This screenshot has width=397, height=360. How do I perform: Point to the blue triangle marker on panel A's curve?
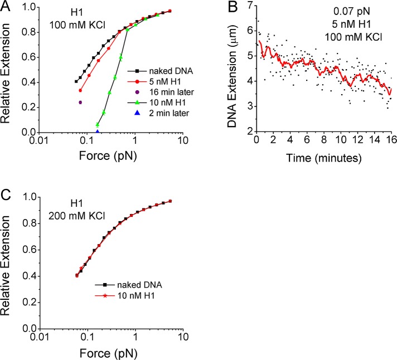click(98, 132)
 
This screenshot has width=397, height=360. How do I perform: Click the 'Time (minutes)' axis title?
click(321, 158)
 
